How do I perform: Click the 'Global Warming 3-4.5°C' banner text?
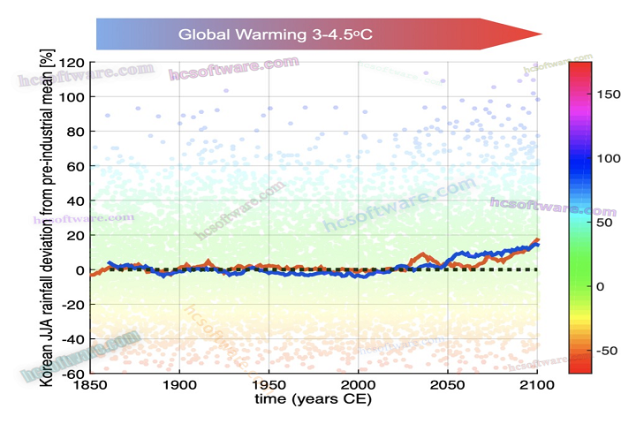pyautogui.click(x=276, y=34)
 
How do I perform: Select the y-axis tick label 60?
pyautogui.click(x=74, y=166)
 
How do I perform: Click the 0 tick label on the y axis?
pyautogui.click(x=79, y=270)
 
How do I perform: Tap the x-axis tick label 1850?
pyautogui.click(x=90, y=385)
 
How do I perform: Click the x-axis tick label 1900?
pyautogui.click(x=179, y=385)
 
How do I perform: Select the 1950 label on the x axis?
pyautogui.click(x=269, y=385)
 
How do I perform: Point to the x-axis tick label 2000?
pyautogui.click(x=359, y=385)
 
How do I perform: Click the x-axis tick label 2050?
pyautogui.click(x=448, y=385)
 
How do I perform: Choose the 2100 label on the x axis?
pyautogui.click(x=536, y=385)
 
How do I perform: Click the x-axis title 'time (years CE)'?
pyautogui.click(x=314, y=399)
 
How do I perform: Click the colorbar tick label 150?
pyautogui.click(x=610, y=95)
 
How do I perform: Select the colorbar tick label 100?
pyautogui.click(x=610, y=158)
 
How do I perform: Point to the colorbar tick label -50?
pyautogui.click(x=610, y=351)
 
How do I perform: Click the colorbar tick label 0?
pyautogui.click(x=601, y=286)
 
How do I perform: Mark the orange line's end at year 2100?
pyautogui.click(x=537, y=239)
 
